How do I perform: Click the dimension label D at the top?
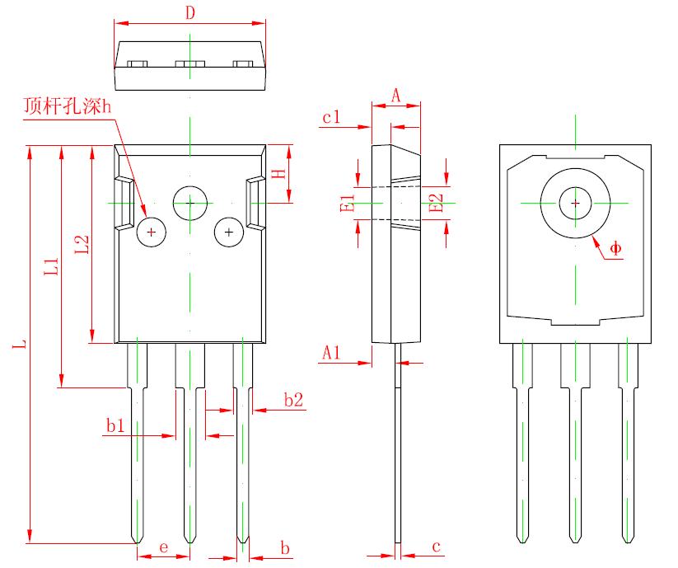coord(189,13)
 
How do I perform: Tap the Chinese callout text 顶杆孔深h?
coord(68,107)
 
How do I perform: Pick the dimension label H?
coord(279,174)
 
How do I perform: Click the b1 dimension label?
coord(115,425)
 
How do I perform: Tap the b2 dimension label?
coord(293,400)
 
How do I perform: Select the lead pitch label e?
coord(163,547)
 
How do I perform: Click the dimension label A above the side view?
coord(395,96)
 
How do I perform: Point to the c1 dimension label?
coord(331,118)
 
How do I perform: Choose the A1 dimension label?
coord(331,353)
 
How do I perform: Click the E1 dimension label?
coord(348,202)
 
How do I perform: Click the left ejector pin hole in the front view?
coord(152,232)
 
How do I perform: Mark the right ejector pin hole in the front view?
coord(228,232)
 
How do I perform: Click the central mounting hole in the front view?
coord(189,201)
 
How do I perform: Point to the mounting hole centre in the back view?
coord(575,202)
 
